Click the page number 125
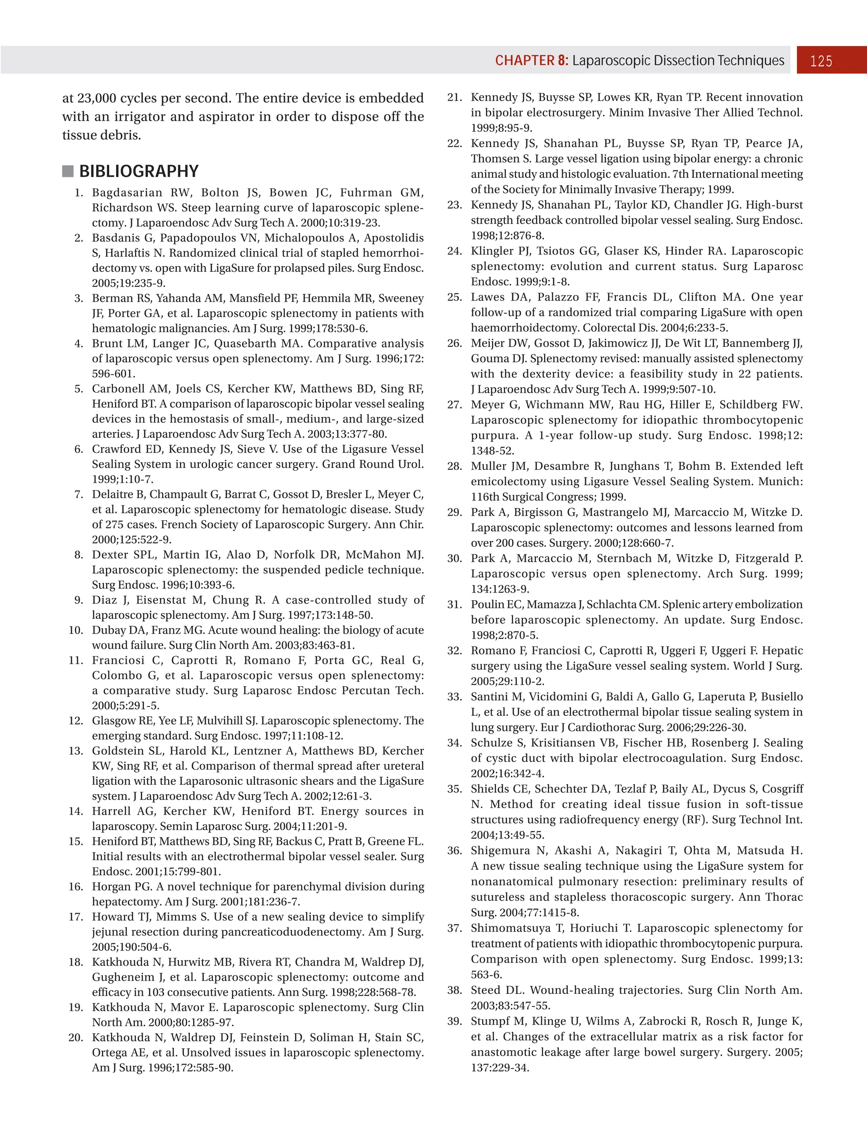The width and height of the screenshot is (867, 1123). click(x=821, y=61)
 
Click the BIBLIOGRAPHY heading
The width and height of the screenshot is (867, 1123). click(x=139, y=171)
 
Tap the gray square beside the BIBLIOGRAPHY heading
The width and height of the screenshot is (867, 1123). click(x=68, y=171)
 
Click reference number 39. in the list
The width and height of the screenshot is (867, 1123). click(x=455, y=1021)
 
